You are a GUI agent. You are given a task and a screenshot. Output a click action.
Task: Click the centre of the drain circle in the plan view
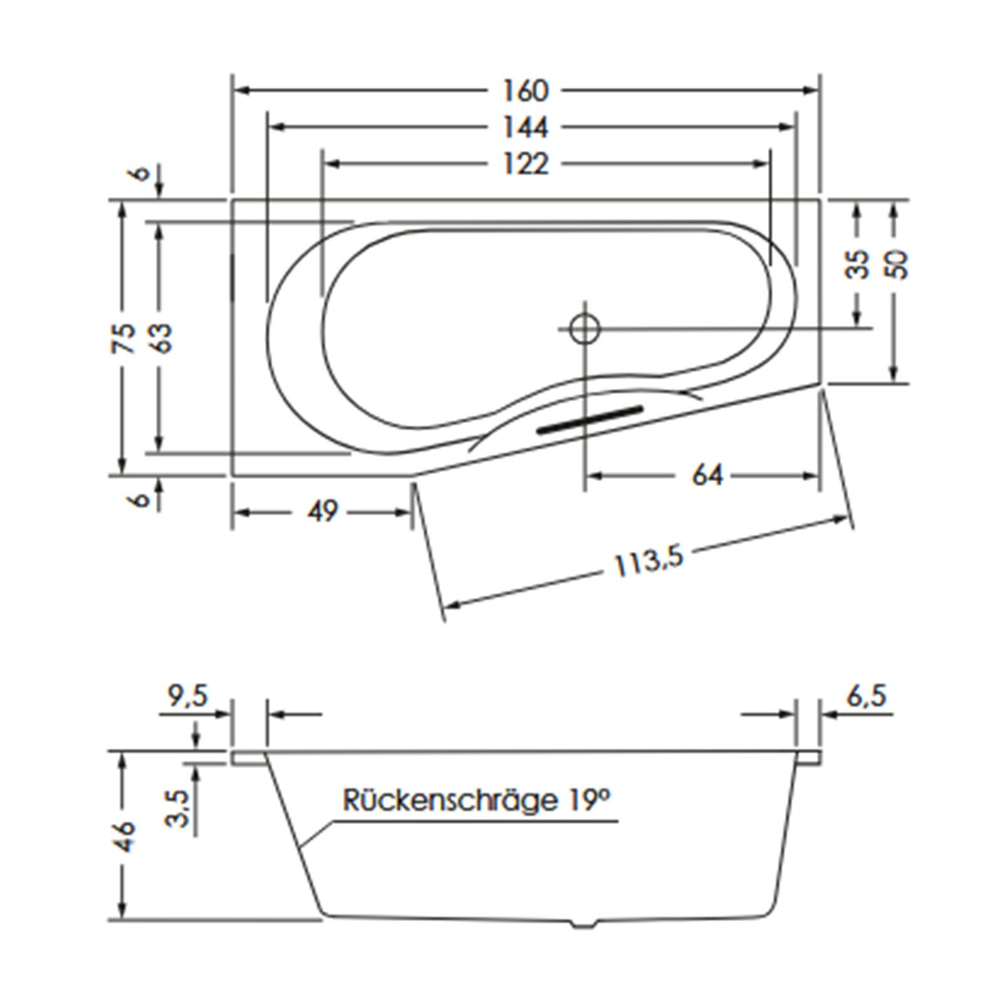[x=585, y=328]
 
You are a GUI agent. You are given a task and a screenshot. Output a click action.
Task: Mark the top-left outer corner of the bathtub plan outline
[x=233, y=201]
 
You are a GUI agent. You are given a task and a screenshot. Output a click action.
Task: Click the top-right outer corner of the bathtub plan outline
[x=820, y=201]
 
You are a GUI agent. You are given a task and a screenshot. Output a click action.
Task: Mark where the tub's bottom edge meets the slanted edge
[x=413, y=475]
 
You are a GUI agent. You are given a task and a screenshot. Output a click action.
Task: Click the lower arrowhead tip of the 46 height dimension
[x=123, y=920]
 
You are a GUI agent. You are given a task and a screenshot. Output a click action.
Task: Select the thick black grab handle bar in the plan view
[x=590, y=419]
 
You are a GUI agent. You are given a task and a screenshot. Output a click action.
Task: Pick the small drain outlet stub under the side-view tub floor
[x=585, y=924]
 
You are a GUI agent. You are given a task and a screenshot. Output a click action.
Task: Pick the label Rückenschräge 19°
[x=476, y=801]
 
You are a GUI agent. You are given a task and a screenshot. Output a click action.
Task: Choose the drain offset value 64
[x=707, y=475]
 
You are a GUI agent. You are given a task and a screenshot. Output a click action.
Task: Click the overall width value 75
[x=125, y=338]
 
